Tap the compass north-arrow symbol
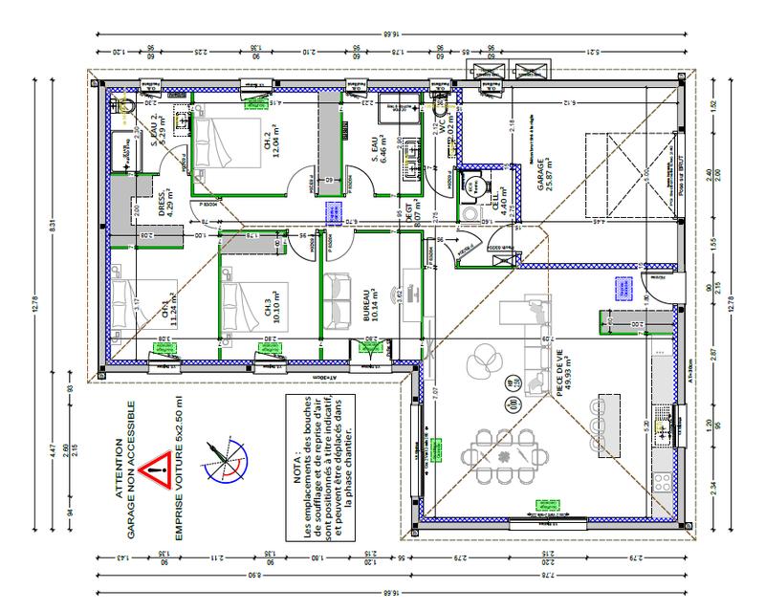point(226,461)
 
